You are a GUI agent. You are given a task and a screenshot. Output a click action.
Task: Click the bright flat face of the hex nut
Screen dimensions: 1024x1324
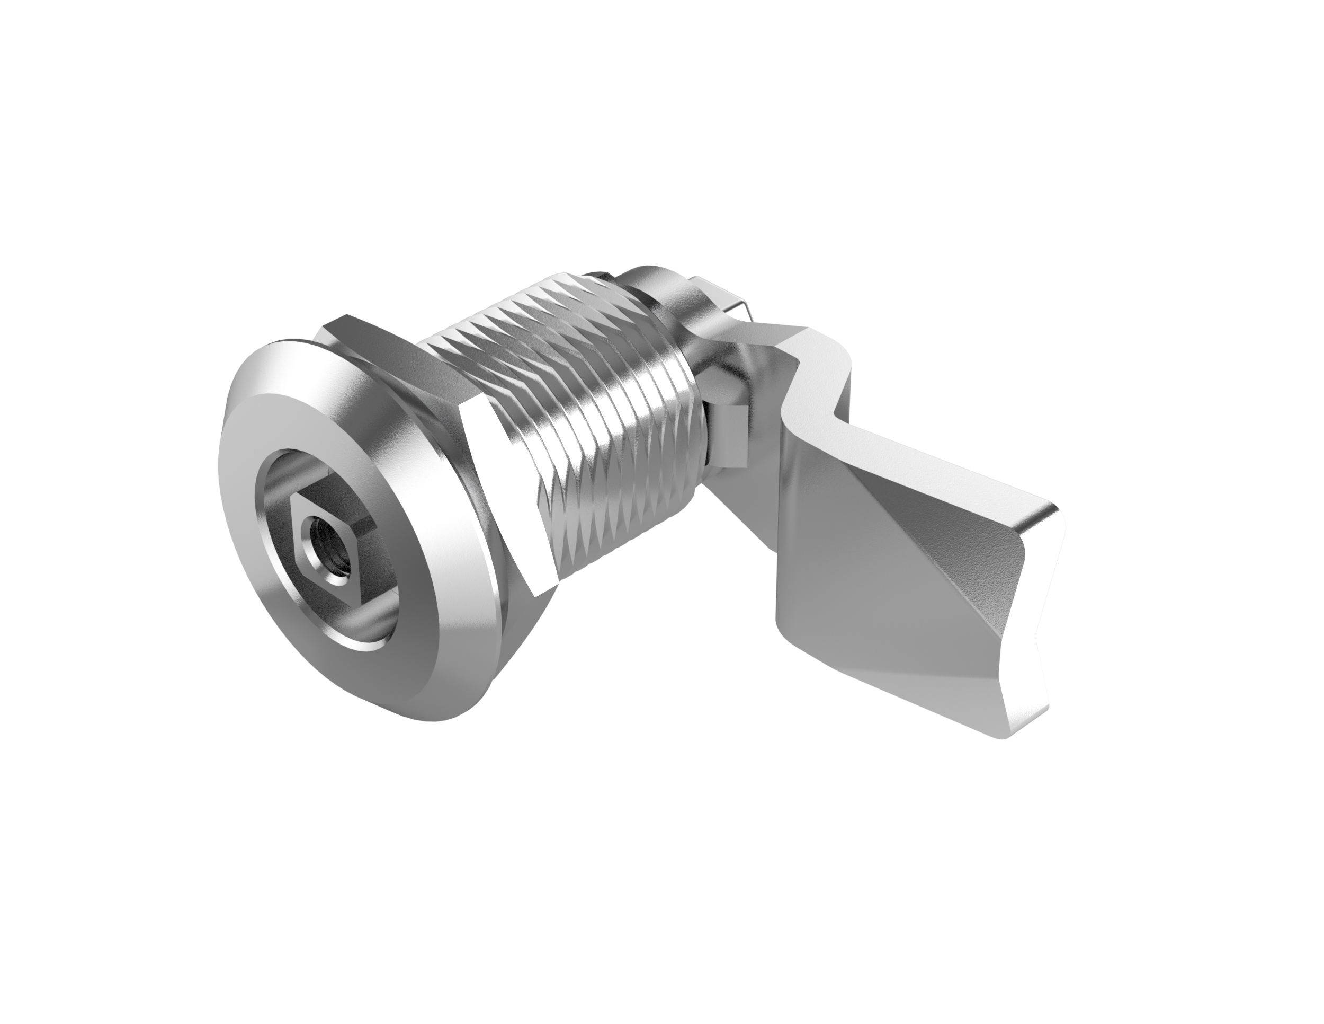pyautogui.click(x=503, y=485)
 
